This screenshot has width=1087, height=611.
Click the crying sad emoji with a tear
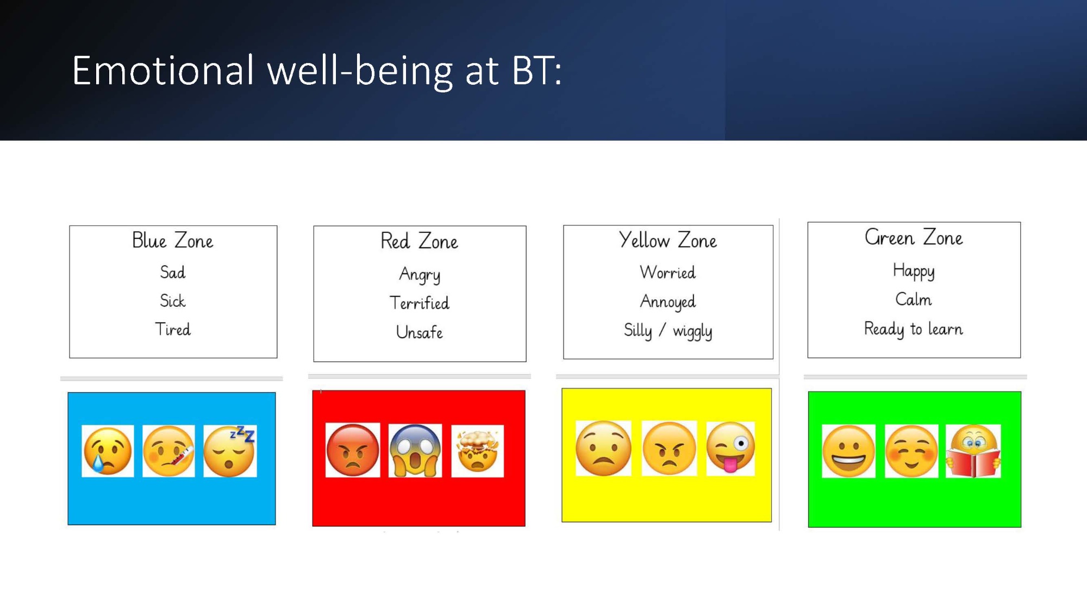tap(108, 451)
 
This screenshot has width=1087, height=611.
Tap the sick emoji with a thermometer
tap(168, 451)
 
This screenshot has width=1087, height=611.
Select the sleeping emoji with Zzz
tap(230, 451)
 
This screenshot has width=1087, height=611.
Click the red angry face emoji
tap(353, 451)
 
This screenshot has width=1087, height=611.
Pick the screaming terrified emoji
tap(415, 451)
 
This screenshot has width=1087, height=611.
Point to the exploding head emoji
tap(478, 451)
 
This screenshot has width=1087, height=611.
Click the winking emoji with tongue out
tap(730, 448)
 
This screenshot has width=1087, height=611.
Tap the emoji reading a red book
tap(973, 451)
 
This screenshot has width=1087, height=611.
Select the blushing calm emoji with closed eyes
tap(911, 451)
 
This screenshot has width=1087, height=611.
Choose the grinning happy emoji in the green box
tap(848, 451)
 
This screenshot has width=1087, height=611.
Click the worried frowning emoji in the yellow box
tap(603, 448)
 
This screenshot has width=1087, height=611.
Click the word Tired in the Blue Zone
tap(173, 329)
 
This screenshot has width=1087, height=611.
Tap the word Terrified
tap(420, 303)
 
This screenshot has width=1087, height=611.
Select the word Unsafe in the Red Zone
tap(420, 332)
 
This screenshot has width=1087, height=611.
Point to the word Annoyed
tap(668, 302)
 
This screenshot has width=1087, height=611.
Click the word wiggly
tap(692, 331)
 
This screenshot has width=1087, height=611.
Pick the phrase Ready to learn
tap(914, 329)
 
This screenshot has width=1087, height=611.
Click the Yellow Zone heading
tap(668, 240)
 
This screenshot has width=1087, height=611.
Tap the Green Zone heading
tap(914, 237)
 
